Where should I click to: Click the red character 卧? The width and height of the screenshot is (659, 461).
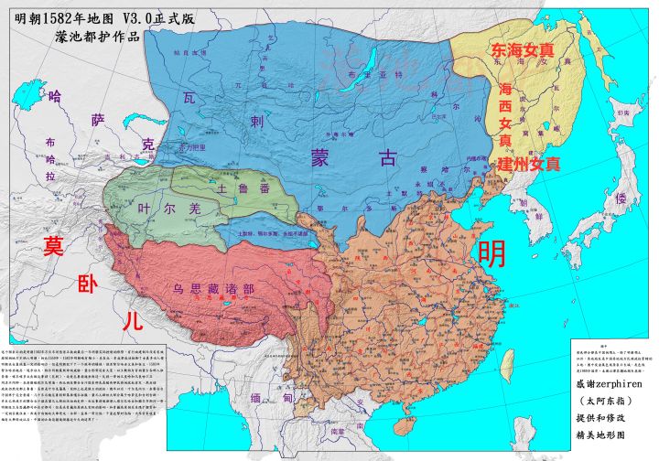tap(89, 283)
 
